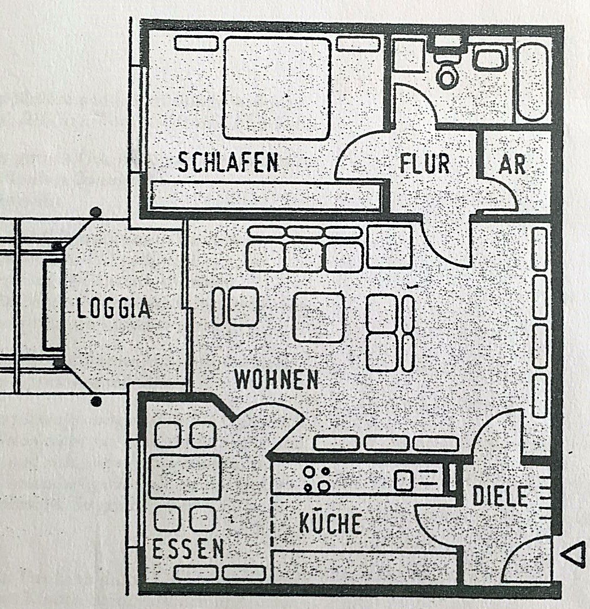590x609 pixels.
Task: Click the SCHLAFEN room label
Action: (228, 163)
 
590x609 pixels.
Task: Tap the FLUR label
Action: (425, 164)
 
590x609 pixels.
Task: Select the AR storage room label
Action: (512, 164)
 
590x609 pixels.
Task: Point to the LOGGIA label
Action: (114, 309)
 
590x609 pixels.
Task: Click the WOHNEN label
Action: (276, 380)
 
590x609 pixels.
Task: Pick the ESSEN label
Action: (188, 549)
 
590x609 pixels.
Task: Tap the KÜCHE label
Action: (330, 524)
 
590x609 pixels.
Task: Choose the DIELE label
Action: (500, 496)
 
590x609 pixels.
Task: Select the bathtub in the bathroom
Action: (533, 81)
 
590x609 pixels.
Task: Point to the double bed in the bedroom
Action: (277, 88)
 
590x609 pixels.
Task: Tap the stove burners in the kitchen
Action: (316, 479)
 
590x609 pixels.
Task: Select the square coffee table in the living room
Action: (319, 317)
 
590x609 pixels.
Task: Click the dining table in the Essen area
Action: (185, 477)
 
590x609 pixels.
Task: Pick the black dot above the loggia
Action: (96, 212)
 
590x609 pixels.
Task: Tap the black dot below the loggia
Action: (96, 401)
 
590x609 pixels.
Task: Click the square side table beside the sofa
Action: (389, 247)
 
